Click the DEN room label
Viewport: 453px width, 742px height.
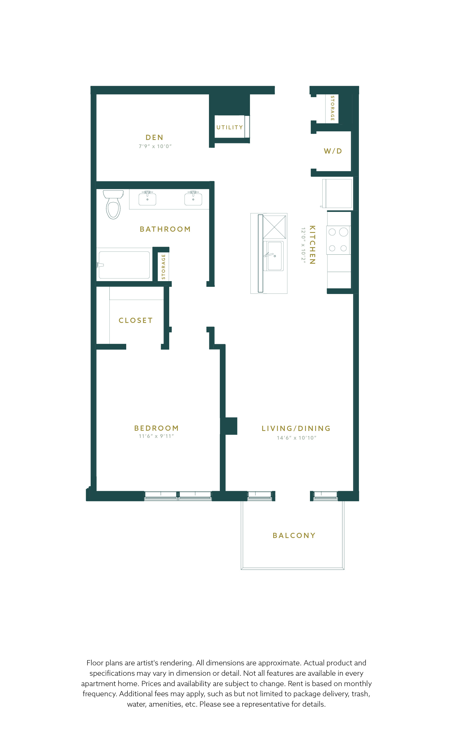point(154,138)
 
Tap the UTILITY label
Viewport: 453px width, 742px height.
point(229,127)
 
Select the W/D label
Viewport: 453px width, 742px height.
point(333,151)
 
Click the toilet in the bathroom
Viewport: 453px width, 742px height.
point(113,204)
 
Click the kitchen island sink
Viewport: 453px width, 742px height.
point(273,256)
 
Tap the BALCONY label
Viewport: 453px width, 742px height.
point(294,535)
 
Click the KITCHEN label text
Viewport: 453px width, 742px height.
point(312,245)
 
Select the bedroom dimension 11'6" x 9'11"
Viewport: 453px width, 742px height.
point(156,436)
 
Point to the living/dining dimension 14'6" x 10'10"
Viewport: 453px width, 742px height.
point(297,438)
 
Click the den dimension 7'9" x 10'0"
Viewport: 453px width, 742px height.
point(155,146)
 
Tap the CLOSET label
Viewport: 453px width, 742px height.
point(136,320)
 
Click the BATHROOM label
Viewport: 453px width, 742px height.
point(165,229)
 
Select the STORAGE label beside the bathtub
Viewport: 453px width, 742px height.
point(163,267)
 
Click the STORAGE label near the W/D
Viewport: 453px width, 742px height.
point(332,108)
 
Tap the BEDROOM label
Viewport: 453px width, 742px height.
point(156,428)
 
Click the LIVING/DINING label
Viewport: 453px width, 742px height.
point(296,428)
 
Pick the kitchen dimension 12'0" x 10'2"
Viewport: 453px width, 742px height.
point(303,246)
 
